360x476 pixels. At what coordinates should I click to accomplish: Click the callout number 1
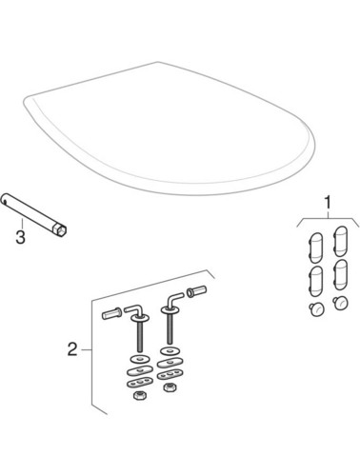pyautogui.click(x=329, y=203)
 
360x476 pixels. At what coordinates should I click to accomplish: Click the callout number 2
pyautogui.click(x=71, y=350)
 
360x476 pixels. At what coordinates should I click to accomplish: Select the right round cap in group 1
pyautogui.click(x=341, y=303)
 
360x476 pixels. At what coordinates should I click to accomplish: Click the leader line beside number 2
pyautogui.click(x=86, y=350)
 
